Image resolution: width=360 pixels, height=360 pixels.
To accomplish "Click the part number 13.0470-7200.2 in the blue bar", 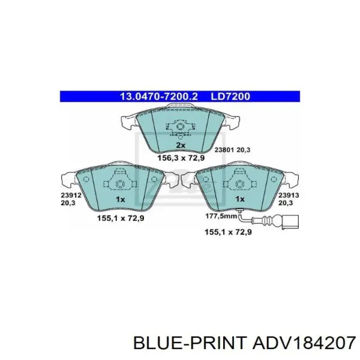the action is (158, 97).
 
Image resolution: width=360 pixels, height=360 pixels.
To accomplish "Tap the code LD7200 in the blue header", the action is (230, 97).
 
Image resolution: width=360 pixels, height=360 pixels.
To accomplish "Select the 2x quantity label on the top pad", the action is (180, 145).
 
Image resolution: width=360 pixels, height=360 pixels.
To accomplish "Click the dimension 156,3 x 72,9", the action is (181, 158).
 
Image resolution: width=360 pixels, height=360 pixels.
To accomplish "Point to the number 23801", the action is (224, 150).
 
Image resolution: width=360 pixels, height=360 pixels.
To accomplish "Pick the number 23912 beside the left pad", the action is (71, 195).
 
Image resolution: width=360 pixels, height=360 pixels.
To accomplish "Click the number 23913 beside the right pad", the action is (289, 195).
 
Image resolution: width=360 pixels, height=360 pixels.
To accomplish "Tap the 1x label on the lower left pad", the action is (121, 199).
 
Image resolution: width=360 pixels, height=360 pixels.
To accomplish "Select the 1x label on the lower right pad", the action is (240, 199).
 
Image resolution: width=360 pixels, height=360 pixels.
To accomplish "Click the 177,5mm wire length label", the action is (221, 216).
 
